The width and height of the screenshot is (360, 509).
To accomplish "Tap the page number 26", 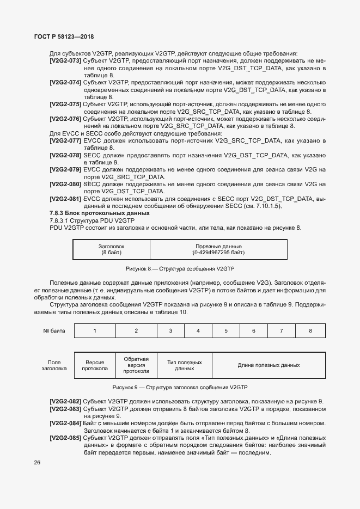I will pos(37,463).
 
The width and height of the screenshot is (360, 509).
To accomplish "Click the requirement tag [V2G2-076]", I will pos(65,118).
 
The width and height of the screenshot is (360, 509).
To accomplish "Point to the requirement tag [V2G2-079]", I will pos(65,169).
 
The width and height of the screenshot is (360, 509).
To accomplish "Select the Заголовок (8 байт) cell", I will pos(111,250).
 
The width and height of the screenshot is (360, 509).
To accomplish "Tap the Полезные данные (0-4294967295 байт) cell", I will pos(218,250).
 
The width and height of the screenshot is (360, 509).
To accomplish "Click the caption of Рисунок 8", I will pos(180,269).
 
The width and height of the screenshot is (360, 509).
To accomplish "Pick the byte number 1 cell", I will pos(95,330).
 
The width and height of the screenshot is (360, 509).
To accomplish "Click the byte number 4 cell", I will pos(198,330).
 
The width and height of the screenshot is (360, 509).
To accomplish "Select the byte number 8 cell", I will pos(310,330).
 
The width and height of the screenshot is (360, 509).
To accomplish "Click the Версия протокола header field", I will pos(95,365).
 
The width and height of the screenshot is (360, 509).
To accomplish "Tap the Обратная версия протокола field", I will pos(136,365).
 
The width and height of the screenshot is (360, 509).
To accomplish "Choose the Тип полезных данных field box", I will pos(184,365).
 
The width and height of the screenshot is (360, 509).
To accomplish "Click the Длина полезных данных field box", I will pos(269,365).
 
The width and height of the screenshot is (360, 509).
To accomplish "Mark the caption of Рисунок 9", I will pos(180,388).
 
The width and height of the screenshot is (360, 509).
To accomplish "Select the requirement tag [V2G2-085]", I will pos(65,438).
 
